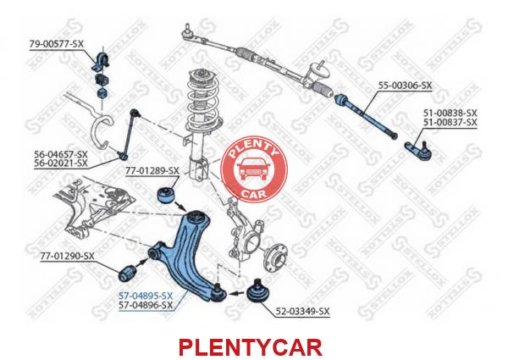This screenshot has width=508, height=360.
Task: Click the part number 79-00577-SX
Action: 57,44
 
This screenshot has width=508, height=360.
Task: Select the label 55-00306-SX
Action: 406,86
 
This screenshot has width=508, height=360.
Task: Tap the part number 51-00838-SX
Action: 450,114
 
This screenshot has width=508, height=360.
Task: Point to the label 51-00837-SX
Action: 450,123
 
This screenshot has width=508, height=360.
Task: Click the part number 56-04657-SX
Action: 61,154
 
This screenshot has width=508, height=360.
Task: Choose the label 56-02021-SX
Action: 61,163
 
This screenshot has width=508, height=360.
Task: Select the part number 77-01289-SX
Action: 152,171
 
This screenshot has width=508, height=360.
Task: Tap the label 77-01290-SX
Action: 68,256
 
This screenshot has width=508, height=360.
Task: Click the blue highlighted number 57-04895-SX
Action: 146,296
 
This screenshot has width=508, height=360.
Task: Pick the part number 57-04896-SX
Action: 146,305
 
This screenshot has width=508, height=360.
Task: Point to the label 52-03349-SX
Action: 302,312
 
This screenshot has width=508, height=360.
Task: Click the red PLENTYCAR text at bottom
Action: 251,347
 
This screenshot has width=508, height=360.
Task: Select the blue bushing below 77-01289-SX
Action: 166,194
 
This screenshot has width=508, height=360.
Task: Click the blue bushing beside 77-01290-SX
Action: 127,273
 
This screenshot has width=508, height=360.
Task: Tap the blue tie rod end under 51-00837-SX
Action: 418,150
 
